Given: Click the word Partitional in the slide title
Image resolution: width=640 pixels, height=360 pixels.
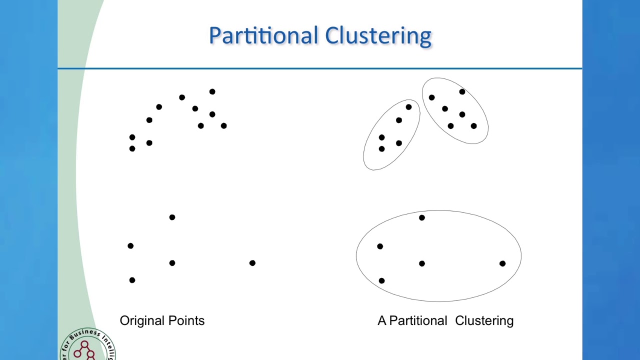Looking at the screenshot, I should pos(264,36).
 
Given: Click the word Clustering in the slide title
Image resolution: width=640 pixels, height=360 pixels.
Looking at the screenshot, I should pos(378,36).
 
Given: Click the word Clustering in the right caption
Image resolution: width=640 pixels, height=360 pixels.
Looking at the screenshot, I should pos(484,320).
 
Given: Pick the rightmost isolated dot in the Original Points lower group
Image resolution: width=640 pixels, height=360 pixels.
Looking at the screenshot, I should pos(252,263).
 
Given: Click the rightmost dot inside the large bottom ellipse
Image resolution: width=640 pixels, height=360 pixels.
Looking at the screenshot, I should pos(502,263).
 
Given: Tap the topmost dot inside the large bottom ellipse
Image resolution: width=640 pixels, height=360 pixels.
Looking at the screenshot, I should pos(422,217).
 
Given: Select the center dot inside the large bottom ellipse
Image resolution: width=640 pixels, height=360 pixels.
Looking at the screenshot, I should pos(422,263).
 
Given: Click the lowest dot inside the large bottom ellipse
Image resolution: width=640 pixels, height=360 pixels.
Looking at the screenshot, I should pos(381,281).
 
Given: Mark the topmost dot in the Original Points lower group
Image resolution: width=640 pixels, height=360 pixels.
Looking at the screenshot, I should pos(172,217).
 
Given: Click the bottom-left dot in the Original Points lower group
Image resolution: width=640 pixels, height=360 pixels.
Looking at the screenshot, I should pos(132,280).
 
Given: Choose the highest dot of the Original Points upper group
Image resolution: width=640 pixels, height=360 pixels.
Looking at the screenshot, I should pos(212,91).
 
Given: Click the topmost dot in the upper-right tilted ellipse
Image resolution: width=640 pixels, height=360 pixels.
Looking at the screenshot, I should pos(462,91).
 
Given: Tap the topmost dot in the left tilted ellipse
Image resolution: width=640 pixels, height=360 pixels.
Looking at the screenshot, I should pos(408,107).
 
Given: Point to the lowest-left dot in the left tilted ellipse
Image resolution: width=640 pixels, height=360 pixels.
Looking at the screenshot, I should pos(381,149).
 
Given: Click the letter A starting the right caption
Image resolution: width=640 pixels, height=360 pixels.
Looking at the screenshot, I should pos(382,320).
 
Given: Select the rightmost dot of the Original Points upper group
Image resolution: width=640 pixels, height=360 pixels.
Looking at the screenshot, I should pos(223,126).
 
